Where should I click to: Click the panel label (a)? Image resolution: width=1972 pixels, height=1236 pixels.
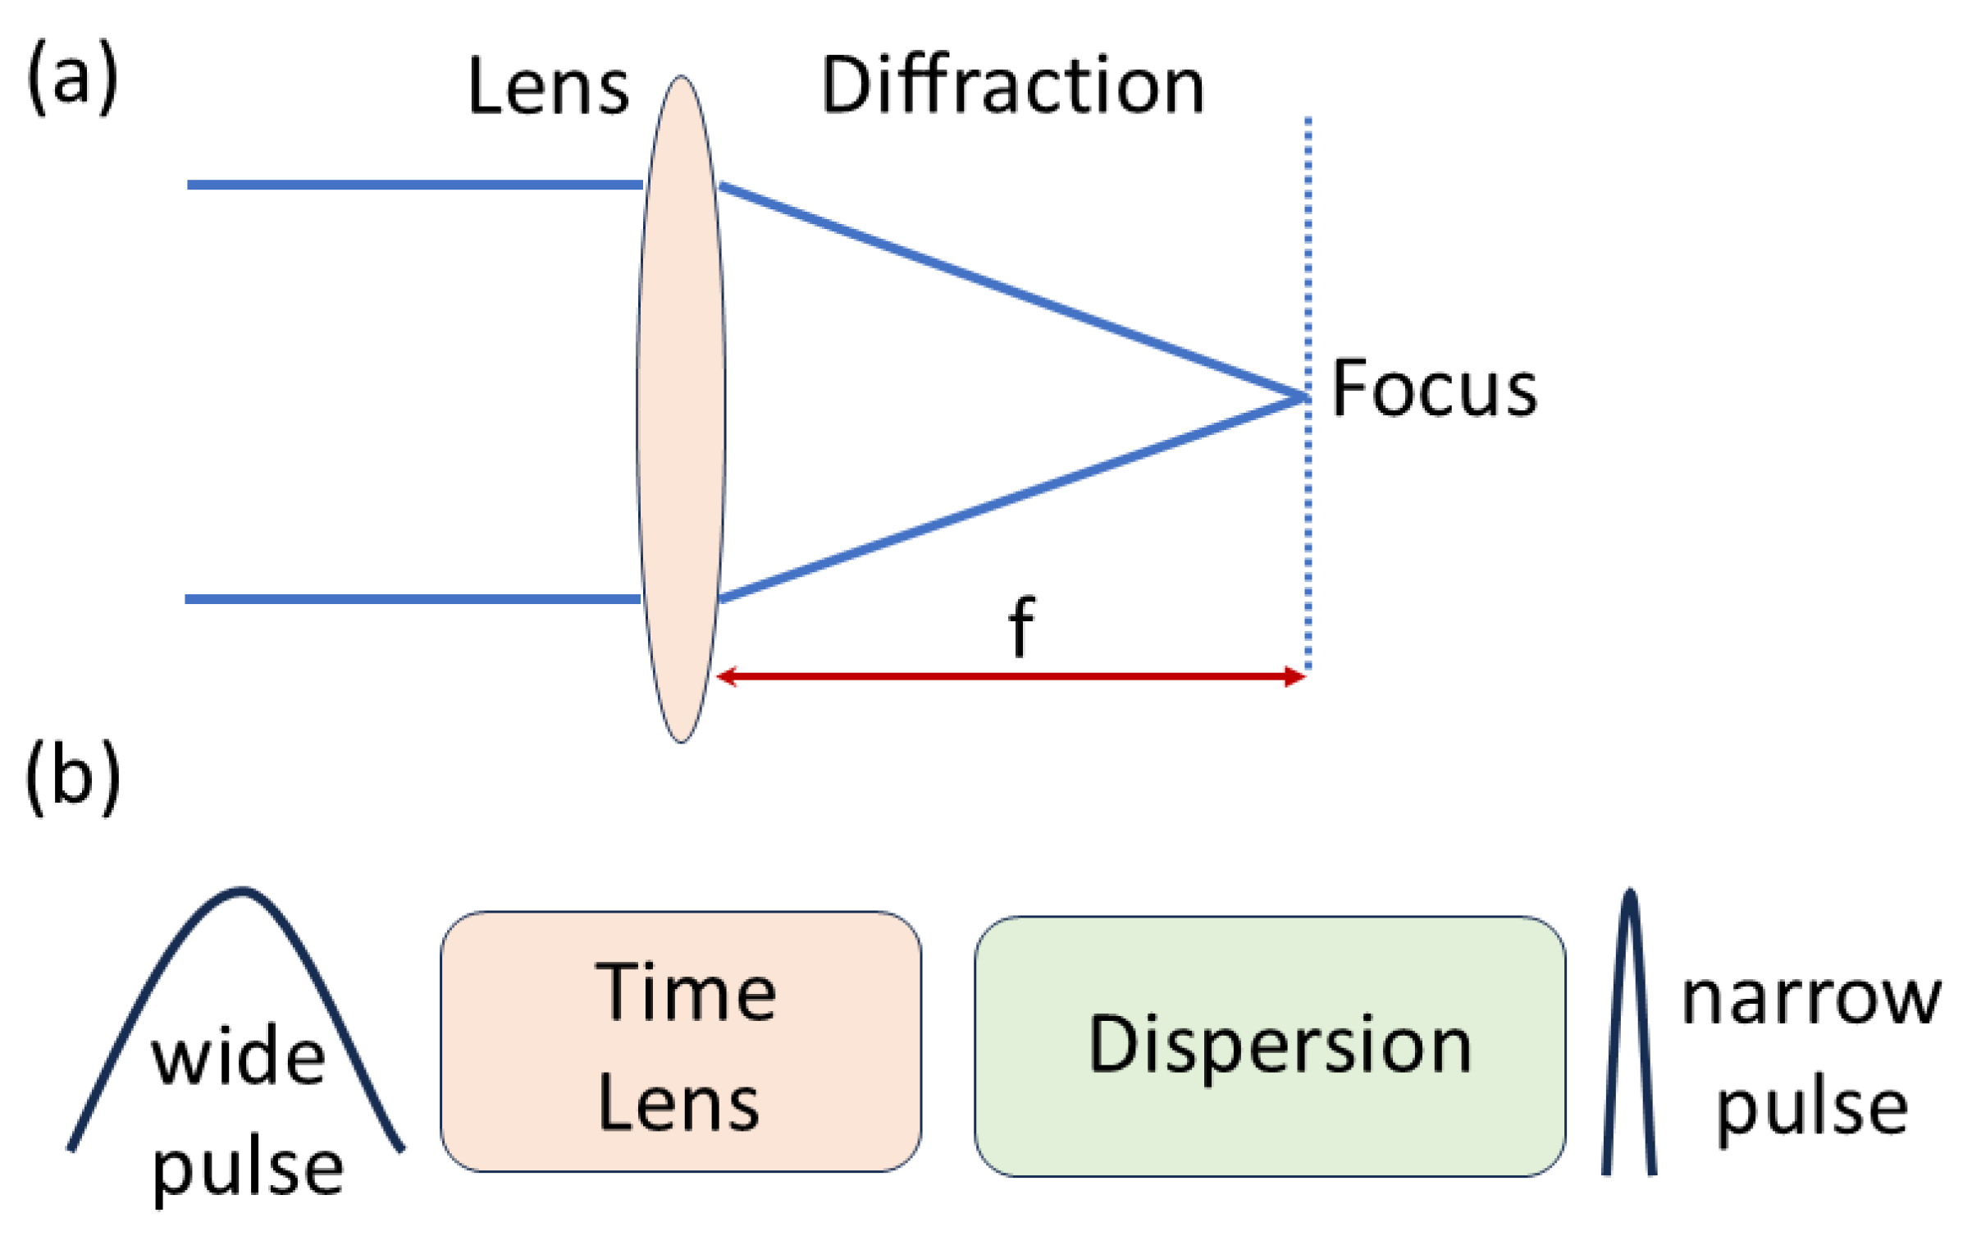coord(73,80)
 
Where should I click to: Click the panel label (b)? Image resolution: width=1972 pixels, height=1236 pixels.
coord(73,776)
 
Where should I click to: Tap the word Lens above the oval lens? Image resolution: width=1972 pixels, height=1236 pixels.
coord(548,86)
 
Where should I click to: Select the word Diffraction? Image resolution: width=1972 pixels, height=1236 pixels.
coord(1012,85)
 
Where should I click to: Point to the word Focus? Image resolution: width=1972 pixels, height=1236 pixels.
coord(1433,389)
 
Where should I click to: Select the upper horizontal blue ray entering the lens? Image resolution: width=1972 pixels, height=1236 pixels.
coord(414,185)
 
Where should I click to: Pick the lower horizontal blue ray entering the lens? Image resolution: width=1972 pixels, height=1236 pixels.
coord(413,599)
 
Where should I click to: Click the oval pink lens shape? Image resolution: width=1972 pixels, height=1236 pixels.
coord(681,410)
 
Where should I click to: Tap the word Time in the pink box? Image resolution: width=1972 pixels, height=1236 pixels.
coord(686,993)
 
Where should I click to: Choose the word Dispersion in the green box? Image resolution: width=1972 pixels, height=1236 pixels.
coord(1280,1044)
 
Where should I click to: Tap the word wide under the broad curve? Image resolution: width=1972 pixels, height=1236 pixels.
coord(239,1059)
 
